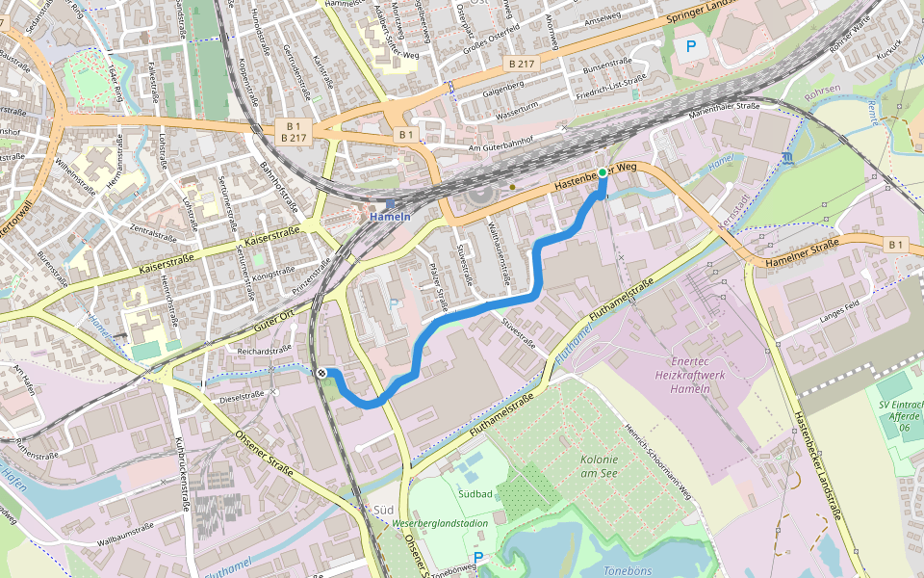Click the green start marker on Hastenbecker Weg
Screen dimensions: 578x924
603,173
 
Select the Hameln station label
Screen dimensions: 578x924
391,217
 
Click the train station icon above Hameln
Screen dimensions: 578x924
390,204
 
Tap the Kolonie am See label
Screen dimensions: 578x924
605,467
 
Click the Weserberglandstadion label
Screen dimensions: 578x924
440,523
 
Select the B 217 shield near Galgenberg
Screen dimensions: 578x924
520,64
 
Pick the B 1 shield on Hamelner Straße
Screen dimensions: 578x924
896,245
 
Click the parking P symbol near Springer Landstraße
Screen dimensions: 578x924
689,44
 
